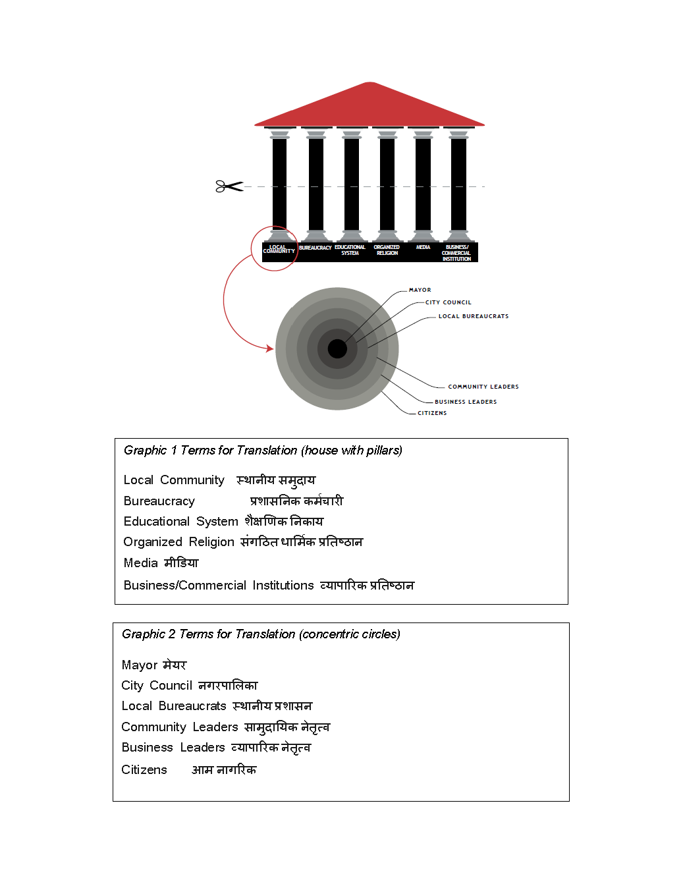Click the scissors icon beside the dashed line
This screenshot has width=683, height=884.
pos(229,186)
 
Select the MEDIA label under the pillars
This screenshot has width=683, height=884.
pos(423,248)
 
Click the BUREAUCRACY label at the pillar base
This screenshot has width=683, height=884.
pos(315,248)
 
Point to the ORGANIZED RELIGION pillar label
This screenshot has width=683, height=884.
pos(387,250)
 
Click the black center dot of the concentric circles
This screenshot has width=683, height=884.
pos(337,348)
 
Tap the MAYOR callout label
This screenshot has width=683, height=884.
pos(420,290)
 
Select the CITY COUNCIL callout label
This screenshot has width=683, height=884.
pos(448,302)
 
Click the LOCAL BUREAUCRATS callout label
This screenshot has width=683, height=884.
pos(473,316)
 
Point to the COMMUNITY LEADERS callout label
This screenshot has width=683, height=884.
pos(483,387)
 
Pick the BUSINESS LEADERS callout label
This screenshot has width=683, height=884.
pos(465,402)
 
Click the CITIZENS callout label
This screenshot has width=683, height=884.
pos(431,413)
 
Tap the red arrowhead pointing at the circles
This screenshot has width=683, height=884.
pos(270,348)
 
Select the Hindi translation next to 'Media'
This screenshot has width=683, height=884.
pos(181,563)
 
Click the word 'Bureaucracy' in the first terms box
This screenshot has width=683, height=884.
pos(159,501)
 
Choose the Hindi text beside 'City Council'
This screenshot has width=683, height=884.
pos(228,686)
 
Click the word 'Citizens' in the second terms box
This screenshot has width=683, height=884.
pos(144,770)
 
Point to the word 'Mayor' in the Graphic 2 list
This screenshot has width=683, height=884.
pos(140,665)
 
